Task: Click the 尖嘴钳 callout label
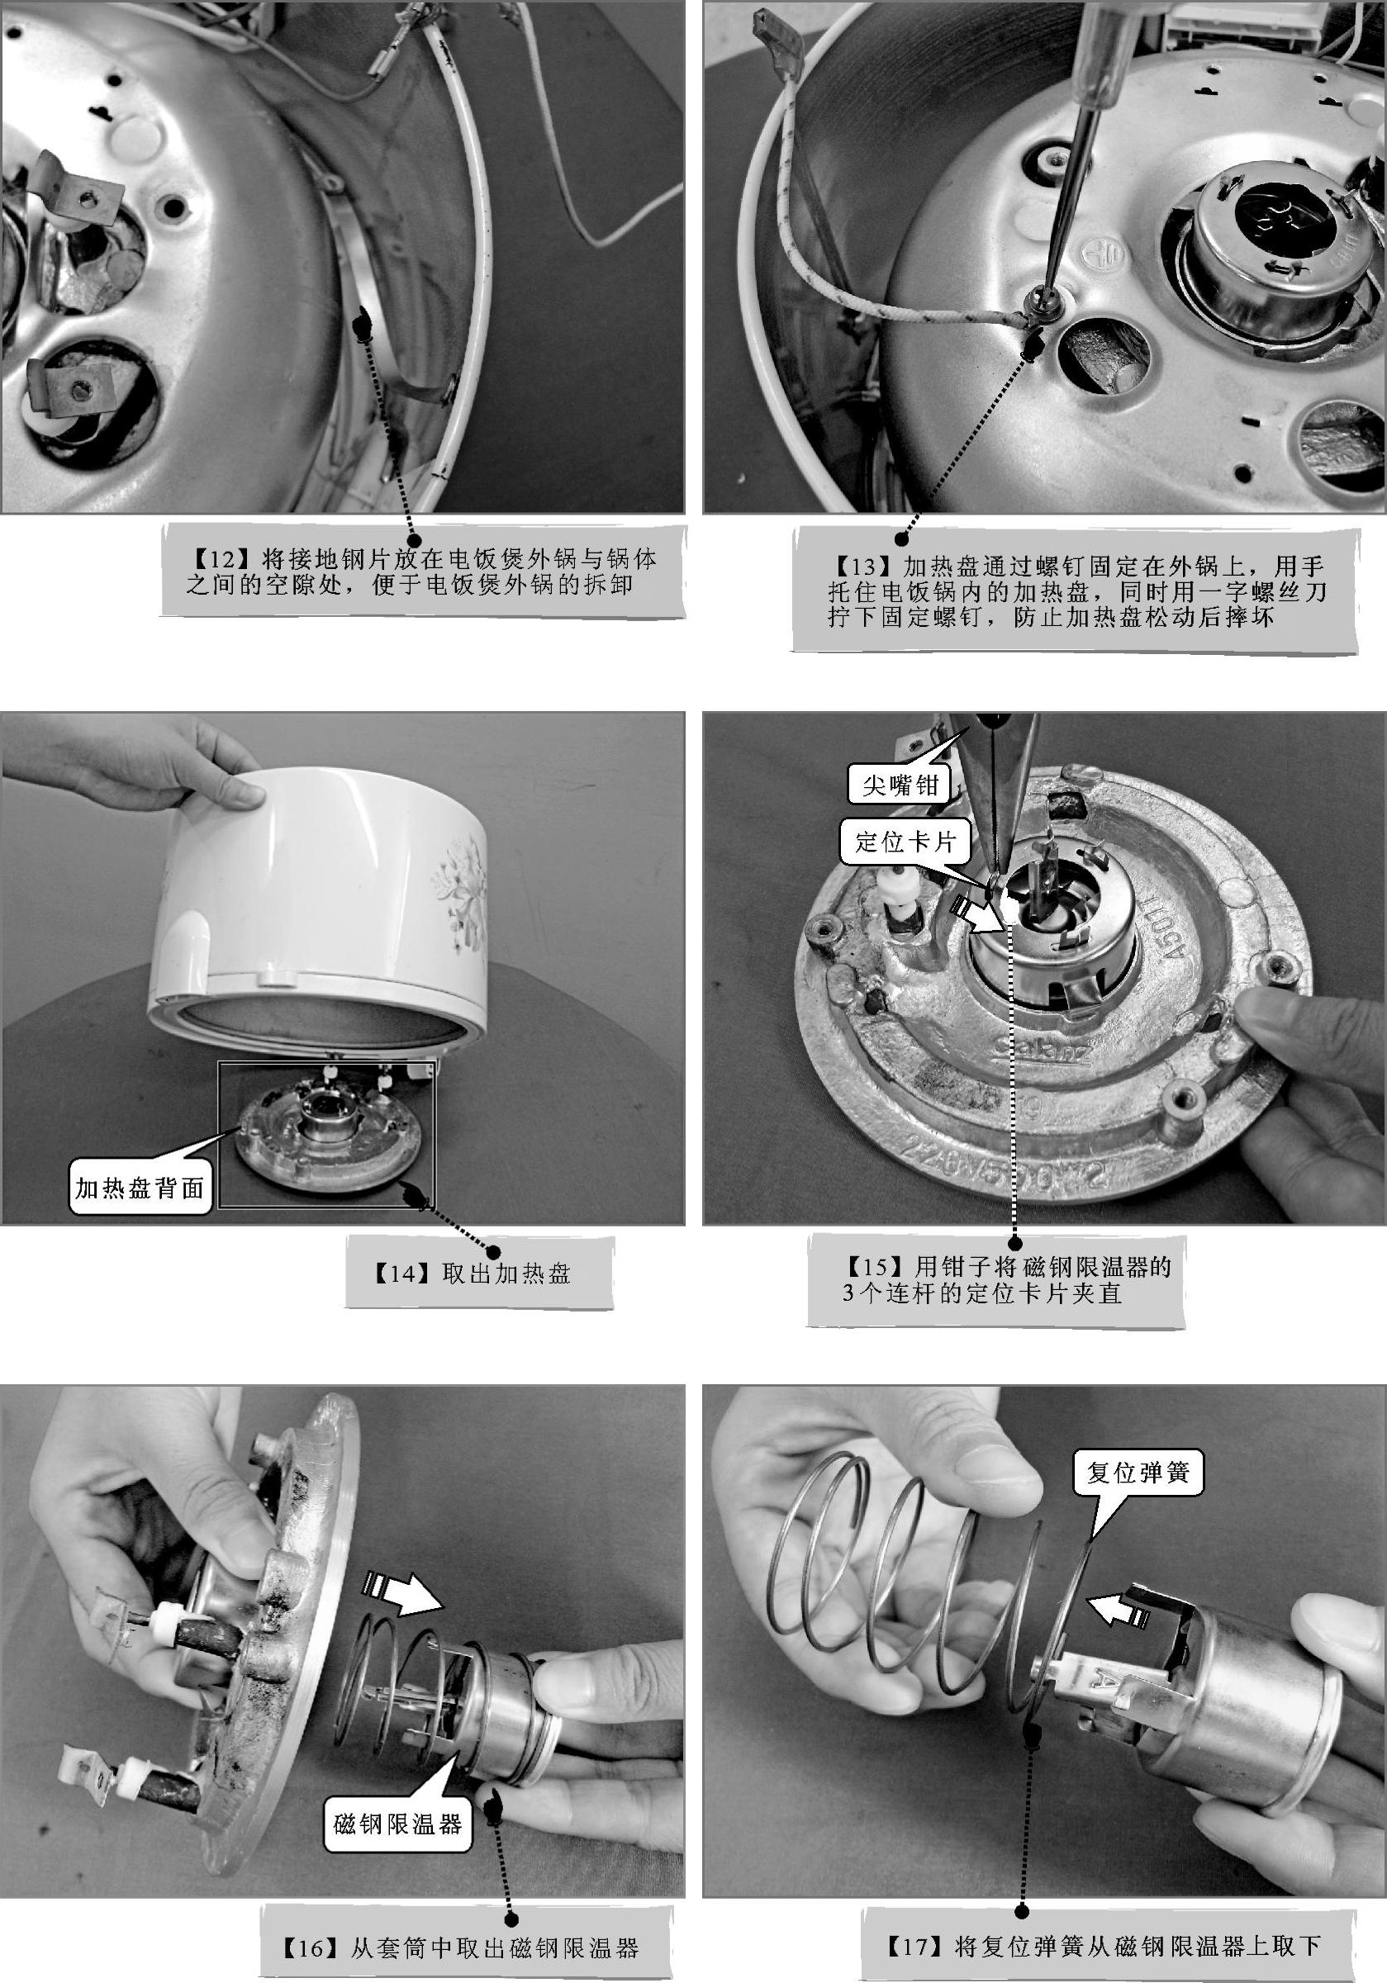click(x=899, y=785)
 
